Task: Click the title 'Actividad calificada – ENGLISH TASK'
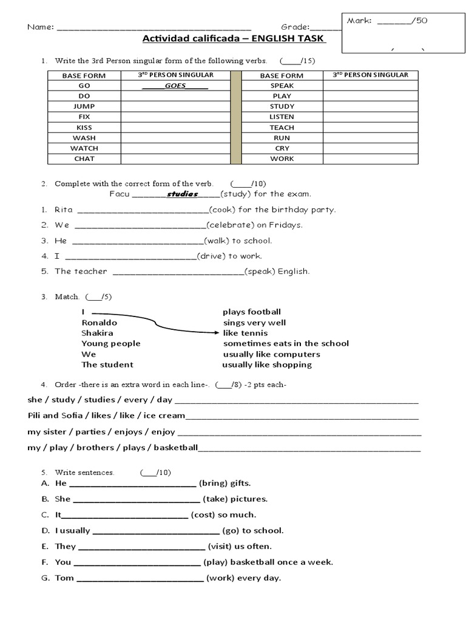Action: coord(234,39)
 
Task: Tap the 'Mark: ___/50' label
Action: coord(387,21)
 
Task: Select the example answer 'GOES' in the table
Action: coord(175,86)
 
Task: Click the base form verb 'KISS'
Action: coord(84,128)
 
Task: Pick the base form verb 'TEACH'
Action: coord(282,128)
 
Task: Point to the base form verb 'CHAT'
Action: coord(84,159)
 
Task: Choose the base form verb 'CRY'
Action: coord(282,148)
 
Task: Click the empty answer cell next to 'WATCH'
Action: coord(175,148)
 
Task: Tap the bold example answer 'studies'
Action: coord(183,194)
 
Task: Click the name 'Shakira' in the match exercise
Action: coord(97,333)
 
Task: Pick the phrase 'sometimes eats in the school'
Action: coord(286,343)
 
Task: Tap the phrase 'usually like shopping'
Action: coord(267,364)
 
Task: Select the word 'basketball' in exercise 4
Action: coord(176,448)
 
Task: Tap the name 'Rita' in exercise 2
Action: coord(64,210)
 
